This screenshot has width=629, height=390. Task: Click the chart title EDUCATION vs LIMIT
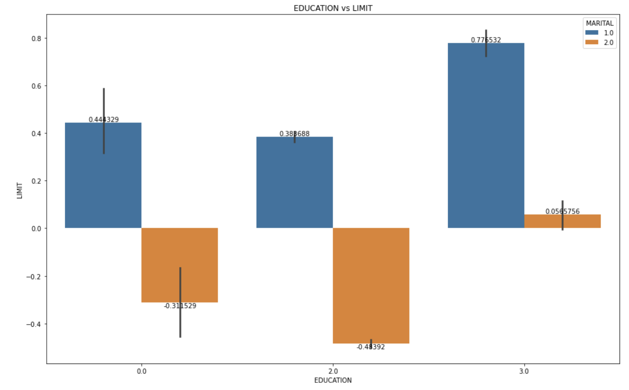[333, 8]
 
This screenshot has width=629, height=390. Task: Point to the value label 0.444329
[104, 119]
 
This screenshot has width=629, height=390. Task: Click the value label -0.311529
[180, 306]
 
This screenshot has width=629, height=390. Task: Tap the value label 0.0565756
[562, 211]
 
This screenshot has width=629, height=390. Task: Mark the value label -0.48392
[371, 347]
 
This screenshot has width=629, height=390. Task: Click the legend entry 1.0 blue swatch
[592, 33]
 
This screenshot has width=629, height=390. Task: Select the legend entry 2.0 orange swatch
[592, 42]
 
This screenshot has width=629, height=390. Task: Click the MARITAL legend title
[599, 23]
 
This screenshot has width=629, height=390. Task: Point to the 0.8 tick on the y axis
[37, 38]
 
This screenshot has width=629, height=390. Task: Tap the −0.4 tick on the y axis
[34, 324]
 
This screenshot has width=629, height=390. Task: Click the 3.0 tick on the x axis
[524, 371]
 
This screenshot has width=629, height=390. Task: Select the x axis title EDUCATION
[333, 380]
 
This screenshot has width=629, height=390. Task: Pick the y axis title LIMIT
[20, 190]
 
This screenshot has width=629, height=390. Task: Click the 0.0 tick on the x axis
[142, 371]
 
